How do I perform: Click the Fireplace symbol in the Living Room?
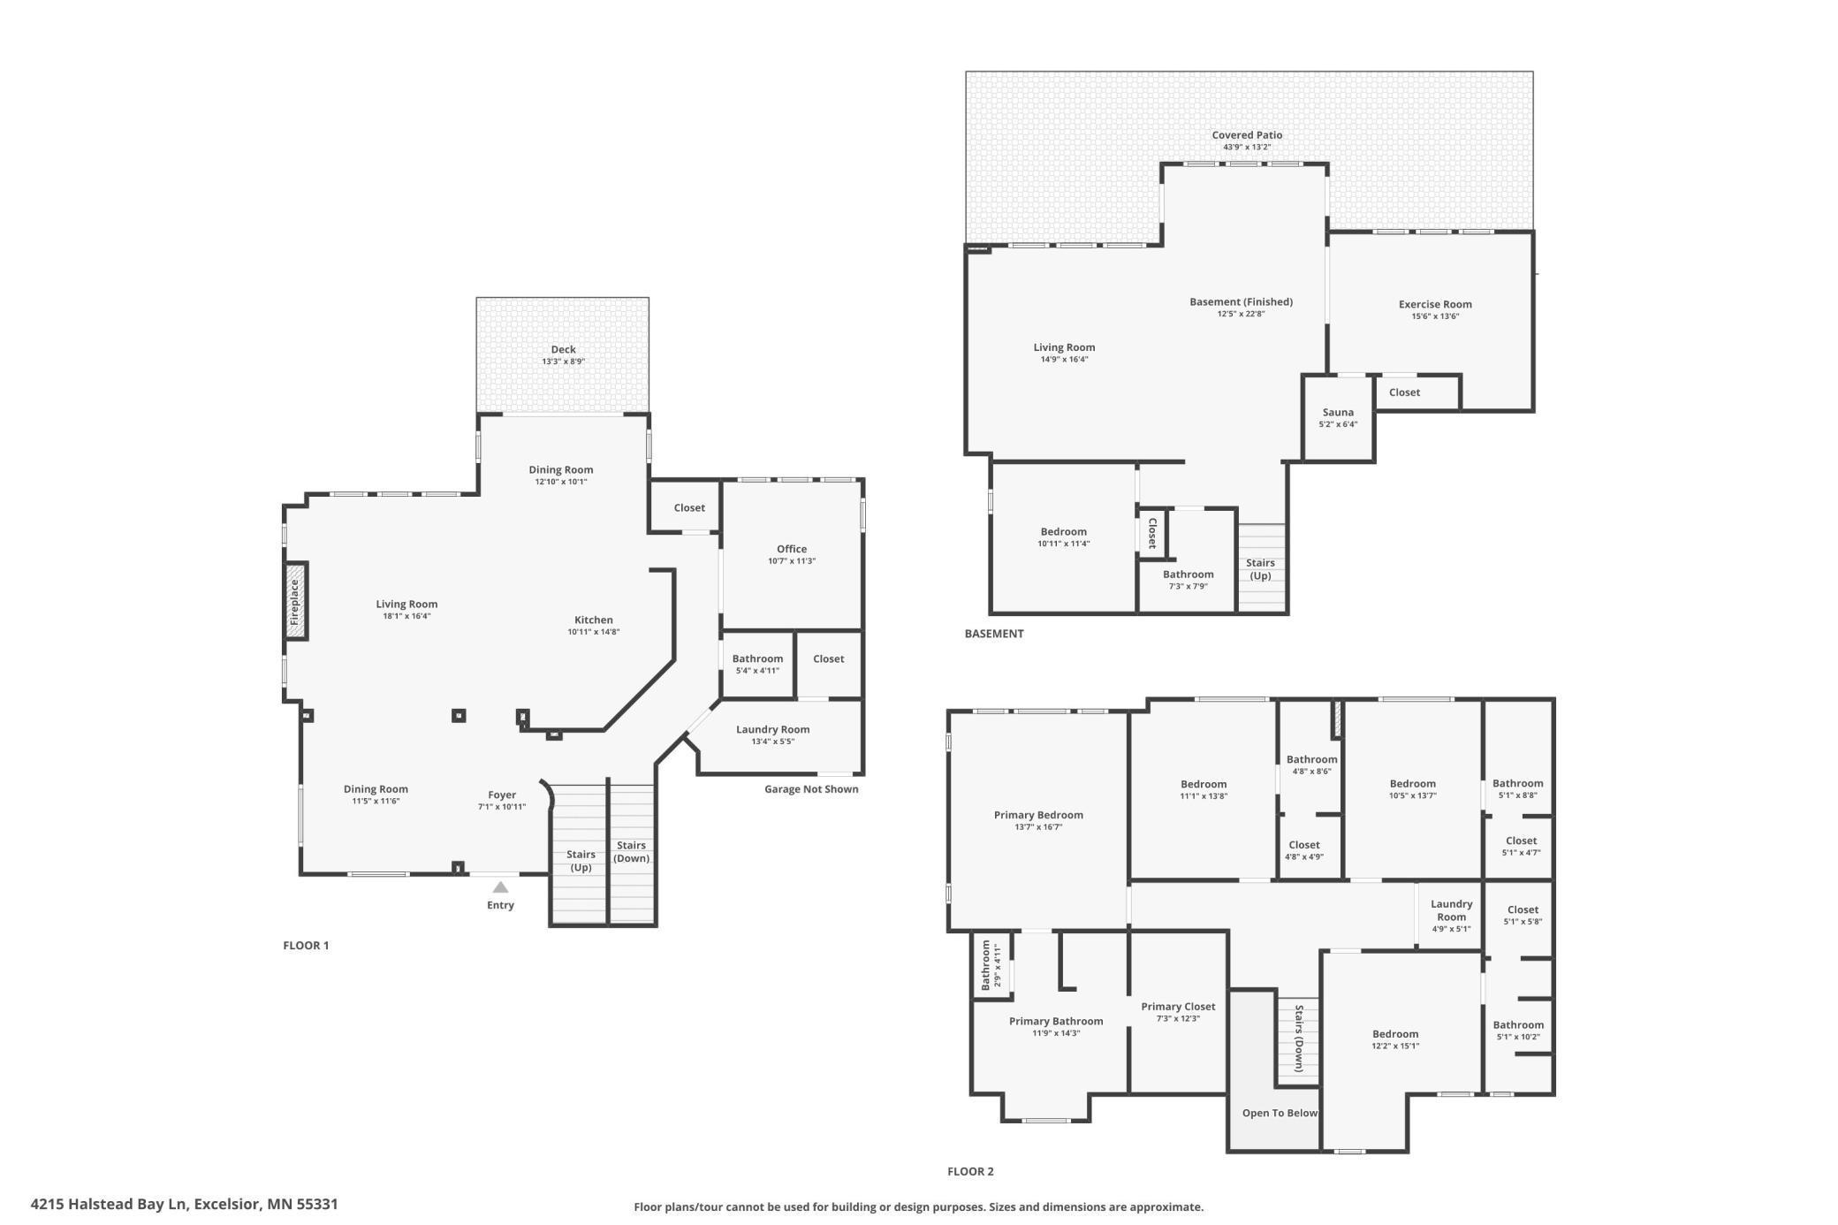(x=296, y=601)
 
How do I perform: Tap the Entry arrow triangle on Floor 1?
(x=500, y=887)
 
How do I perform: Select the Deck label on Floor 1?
(x=563, y=349)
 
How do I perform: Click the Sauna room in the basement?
(x=1338, y=417)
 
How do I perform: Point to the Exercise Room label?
(x=1435, y=304)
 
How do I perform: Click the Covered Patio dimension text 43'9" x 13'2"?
(x=1247, y=148)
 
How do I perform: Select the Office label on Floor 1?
(x=791, y=549)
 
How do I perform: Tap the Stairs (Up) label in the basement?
(x=1260, y=568)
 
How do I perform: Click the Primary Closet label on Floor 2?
(x=1178, y=1007)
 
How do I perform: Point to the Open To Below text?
(x=1279, y=1113)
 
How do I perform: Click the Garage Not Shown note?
(x=810, y=789)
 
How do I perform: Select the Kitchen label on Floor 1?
(x=593, y=620)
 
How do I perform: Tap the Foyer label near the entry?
(x=502, y=795)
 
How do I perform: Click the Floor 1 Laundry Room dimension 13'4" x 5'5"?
(x=772, y=742)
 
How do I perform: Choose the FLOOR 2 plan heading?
(x=970, y=1171)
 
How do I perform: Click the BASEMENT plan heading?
(x=993, y=634)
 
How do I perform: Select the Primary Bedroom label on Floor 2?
(x=1037, y=815)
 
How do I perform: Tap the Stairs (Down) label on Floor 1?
(x=631, y=851)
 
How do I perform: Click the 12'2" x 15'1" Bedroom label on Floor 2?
(x=1394, y=1034)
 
